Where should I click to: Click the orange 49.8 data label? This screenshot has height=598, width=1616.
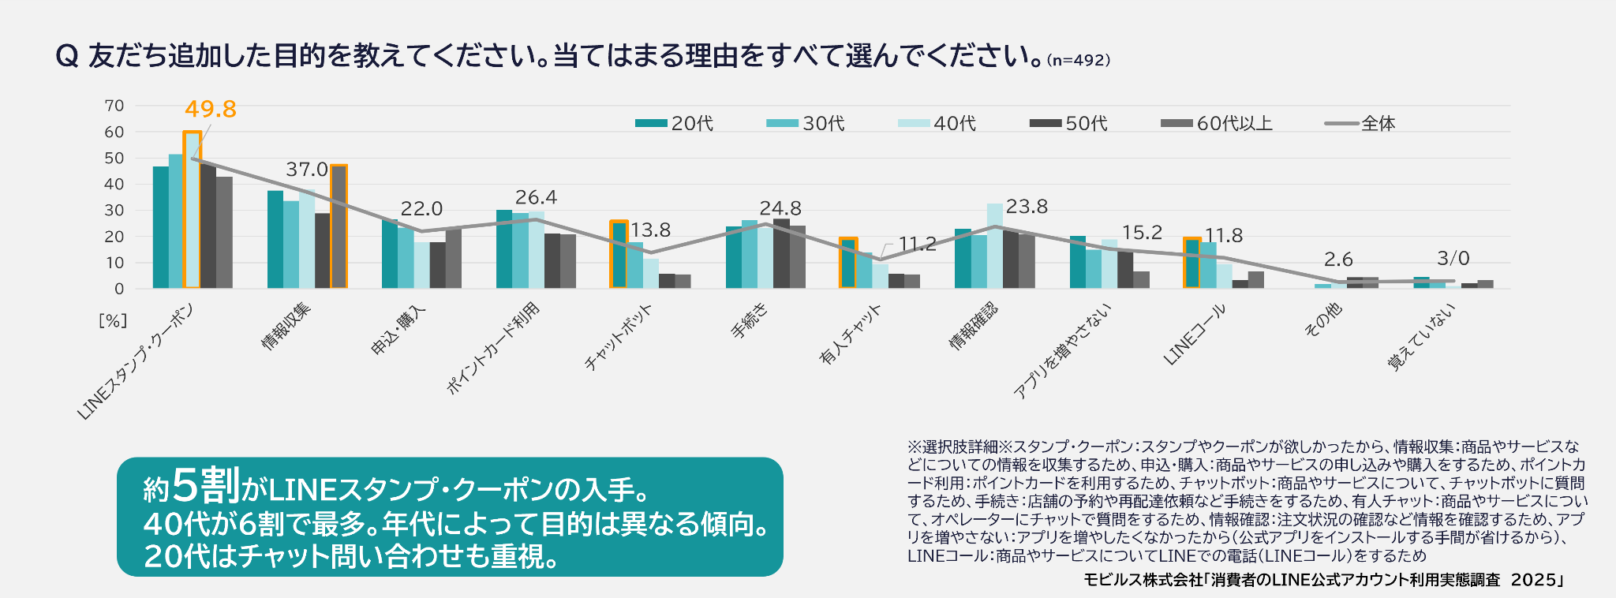[x=211, y=109]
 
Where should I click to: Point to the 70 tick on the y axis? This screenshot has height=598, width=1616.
[x=114, y=106]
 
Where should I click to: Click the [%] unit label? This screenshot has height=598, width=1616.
[x=113, y=320]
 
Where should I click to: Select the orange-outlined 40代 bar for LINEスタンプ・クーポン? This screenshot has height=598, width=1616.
[x=192, y=210]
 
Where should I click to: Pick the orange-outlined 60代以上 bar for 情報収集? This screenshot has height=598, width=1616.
[x=339, y=226]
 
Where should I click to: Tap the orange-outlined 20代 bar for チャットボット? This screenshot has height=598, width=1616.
[x=619, y=255]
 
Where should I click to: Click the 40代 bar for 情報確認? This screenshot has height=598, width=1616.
[x=994, y=246]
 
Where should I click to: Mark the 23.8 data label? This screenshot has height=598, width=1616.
[x=1027, y=207]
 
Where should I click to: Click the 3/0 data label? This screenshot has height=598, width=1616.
[x=1453, y=258]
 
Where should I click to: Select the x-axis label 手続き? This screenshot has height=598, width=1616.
[x=750, y=322]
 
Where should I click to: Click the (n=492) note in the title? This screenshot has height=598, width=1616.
[x=1079, y=60]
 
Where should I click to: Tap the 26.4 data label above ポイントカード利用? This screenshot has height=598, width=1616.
[x=536, y=197]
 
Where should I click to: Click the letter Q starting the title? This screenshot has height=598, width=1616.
[x=67, y=56]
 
